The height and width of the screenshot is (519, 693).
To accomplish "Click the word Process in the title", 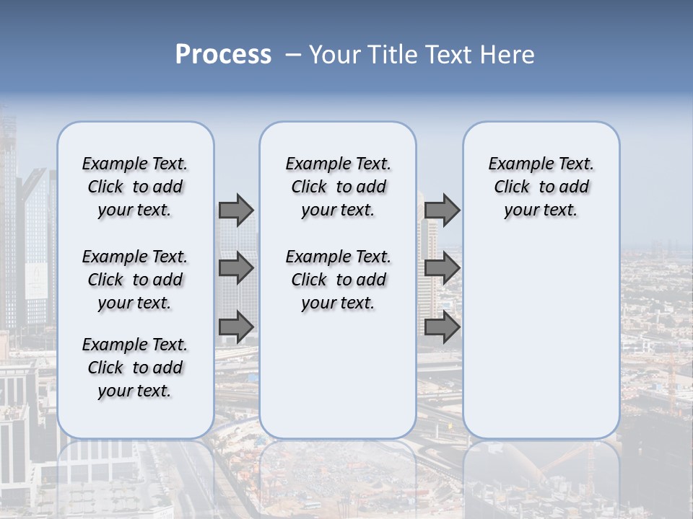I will coord(223,55).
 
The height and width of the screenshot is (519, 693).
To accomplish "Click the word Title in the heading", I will coord(393,55).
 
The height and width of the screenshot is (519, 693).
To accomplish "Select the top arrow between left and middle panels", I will coord(236,210).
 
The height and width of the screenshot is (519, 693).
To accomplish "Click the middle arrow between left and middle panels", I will coord(236,268).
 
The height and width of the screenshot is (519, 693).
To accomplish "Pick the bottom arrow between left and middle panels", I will coord(236,327).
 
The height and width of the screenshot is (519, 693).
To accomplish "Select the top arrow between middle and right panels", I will coord(443,210).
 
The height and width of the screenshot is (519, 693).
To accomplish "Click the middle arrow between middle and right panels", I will coord(443,268).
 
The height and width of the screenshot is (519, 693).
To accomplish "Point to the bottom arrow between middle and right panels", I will coord(443,327).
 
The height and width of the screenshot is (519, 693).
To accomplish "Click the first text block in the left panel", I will coord(135,187).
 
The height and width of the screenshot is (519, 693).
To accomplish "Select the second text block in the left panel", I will coord(135,280).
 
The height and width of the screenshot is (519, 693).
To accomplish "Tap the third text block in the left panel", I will coord(135,368).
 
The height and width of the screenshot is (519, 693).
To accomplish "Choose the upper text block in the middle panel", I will coord(338,187).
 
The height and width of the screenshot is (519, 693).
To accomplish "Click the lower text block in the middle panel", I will coord(338,280).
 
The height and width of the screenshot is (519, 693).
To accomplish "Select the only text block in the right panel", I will coord(541,187).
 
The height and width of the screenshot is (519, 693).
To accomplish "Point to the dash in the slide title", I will coord(293,55).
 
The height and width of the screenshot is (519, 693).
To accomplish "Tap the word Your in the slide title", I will coord(336,55).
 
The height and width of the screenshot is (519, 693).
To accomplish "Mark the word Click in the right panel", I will coord(512,187).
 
